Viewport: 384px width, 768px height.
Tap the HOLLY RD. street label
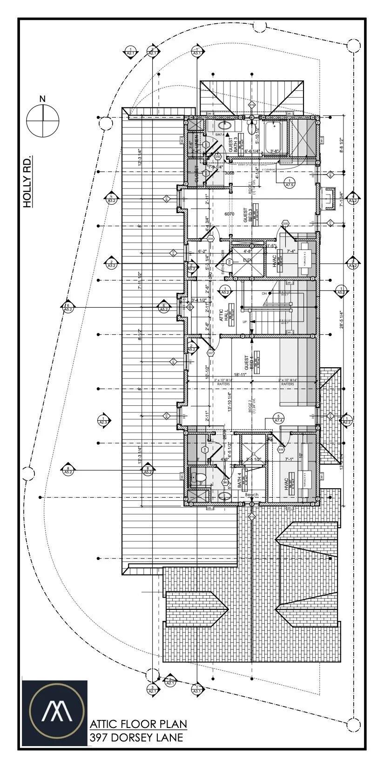[28, 182]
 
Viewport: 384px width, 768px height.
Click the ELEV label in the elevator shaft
[247, 260]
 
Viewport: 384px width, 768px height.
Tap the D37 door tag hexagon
[210, 353]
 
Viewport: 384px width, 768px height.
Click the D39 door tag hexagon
[281, 450]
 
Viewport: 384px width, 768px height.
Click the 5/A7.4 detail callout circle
[278, 418]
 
